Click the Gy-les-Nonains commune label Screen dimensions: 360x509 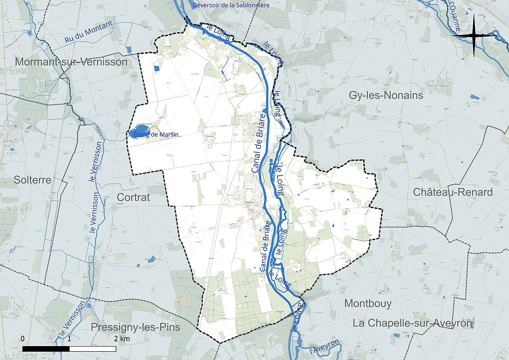[x=386, y=95]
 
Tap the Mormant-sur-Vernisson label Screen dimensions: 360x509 [x=72, y=62]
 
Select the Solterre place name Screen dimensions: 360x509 [x=33, y=180]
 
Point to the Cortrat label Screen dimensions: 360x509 [x=133, y=197]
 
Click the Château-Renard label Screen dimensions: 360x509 [x=453, y=192]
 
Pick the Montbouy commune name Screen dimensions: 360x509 [x=368, y=304]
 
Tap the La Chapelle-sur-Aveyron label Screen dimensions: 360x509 [x=412, y=323]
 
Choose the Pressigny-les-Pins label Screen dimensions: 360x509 [x=135, y=327]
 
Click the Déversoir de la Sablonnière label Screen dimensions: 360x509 [x=231, y=5]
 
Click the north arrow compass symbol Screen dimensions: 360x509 [x=474, y=36]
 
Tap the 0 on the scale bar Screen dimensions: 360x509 [x=23, y=339]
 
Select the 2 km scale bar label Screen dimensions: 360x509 [x=122, y=339]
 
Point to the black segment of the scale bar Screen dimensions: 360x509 [x=46, y=349]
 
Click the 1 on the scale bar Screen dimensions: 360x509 [x=69, y=339]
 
